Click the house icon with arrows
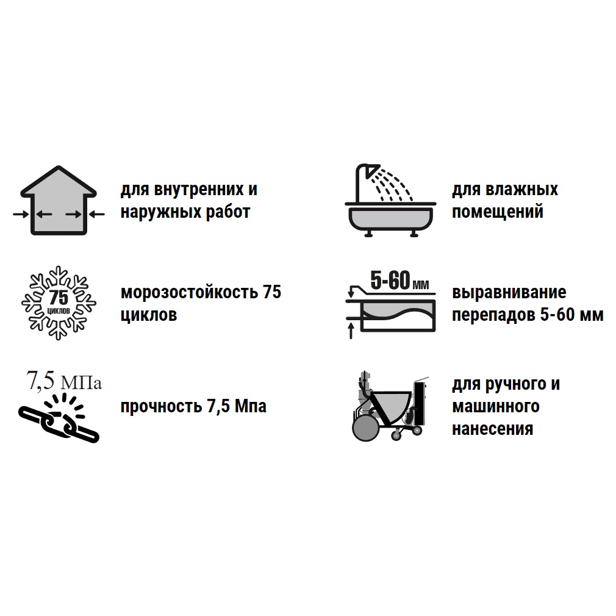[59, 201]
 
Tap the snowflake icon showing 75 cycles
[59, 303]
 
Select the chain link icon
[59, 420]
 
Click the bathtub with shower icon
[390, 201]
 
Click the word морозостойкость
[189, 292]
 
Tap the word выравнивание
[509, 293]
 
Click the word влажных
[521, 189]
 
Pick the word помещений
[497, 212]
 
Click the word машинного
[496, 406]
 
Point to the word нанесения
[493, 429]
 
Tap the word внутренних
[199, 190]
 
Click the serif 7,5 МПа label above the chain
[63, 381]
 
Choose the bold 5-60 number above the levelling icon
[390, 280]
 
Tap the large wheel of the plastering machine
[366, 428]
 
